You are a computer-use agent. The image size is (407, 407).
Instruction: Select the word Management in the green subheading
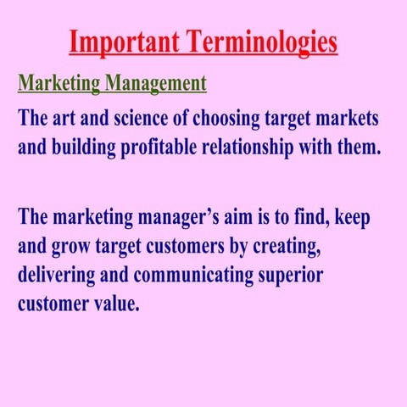[159, 84]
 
